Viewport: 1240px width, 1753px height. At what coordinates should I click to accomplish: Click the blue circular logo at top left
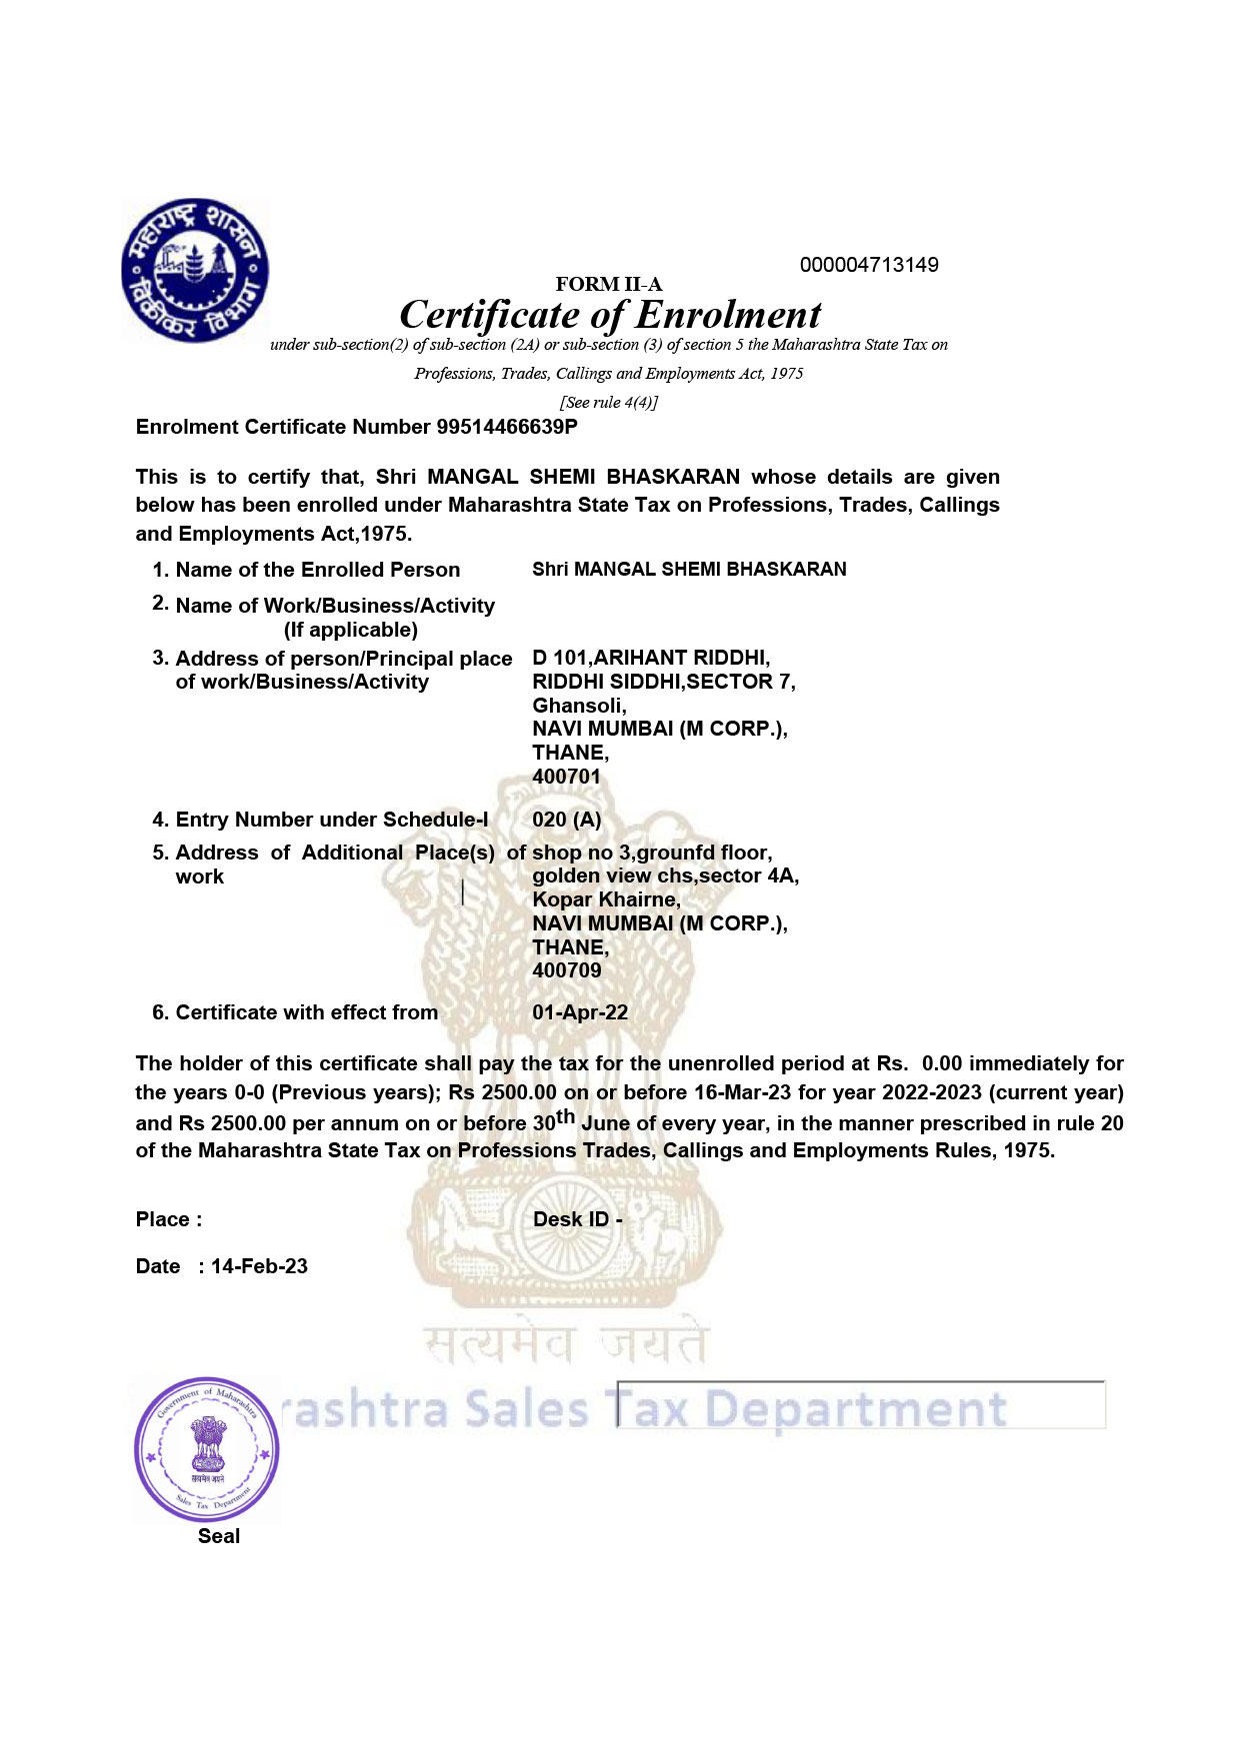195,270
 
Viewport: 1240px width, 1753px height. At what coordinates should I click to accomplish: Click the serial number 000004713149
868,265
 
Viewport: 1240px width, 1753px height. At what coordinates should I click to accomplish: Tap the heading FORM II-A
608,285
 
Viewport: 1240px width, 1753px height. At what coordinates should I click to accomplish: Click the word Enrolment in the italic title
728,315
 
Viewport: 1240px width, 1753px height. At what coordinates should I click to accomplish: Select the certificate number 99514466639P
507,427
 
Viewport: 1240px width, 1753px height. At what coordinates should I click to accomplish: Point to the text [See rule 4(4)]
608,402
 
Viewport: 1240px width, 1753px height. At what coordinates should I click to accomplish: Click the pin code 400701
566,777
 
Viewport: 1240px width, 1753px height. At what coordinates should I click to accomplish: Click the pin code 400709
566,970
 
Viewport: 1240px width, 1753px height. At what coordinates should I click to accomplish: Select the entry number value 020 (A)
566,820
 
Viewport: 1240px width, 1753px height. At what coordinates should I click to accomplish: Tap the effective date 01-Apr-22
580,1012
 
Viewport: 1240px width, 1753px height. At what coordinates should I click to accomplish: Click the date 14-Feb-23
259,1266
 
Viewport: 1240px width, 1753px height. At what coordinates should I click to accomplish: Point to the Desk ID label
577,1219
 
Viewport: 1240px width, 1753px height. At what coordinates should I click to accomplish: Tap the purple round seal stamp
207,1450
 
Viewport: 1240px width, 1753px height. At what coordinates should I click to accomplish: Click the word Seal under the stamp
219,1536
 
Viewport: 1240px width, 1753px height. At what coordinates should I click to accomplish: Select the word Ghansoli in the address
578,706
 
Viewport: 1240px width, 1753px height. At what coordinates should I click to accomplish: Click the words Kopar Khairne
605,899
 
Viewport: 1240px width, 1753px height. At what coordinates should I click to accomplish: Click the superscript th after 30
566,1116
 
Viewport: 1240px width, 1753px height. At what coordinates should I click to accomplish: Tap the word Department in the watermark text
855,1409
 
